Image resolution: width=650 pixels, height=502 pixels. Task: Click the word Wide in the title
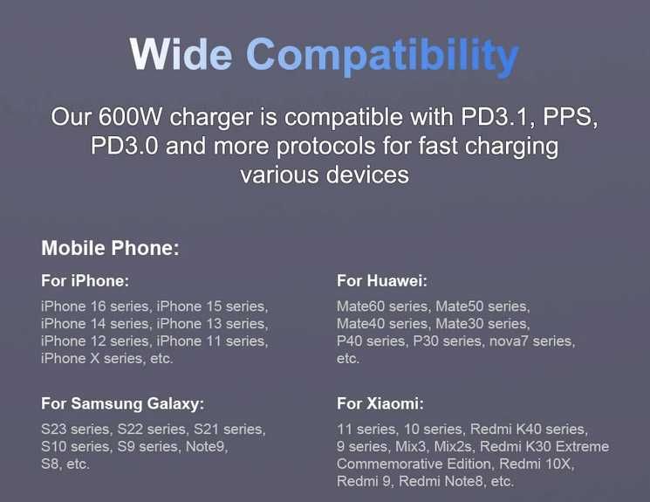(x=181, y=54)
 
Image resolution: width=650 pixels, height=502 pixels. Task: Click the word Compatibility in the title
(x=382, y=57)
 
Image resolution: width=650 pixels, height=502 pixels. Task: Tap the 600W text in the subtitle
(x=130, y=117)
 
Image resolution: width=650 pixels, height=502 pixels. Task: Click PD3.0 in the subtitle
(x=124, y=146)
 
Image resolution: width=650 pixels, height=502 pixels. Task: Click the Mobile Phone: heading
(x=110, y=248)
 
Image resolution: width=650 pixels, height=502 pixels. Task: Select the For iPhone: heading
(x=86, y=281)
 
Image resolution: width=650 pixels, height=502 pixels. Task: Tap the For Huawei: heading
(x=382, y=281)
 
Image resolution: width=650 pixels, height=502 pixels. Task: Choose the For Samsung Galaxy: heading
(x=123, y=403)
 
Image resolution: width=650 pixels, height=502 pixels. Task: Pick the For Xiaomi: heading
(x=380, y=403)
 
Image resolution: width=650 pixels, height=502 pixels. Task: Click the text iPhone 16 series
(x=95, y=306)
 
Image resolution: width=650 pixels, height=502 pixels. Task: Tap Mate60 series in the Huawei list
(x=383, y=306)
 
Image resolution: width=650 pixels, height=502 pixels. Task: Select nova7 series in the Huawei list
(x=532, y=341)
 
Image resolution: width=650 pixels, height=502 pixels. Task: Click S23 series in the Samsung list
(x=76, y=429)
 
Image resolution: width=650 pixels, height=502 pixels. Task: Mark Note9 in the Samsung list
(x=207, y=446)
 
